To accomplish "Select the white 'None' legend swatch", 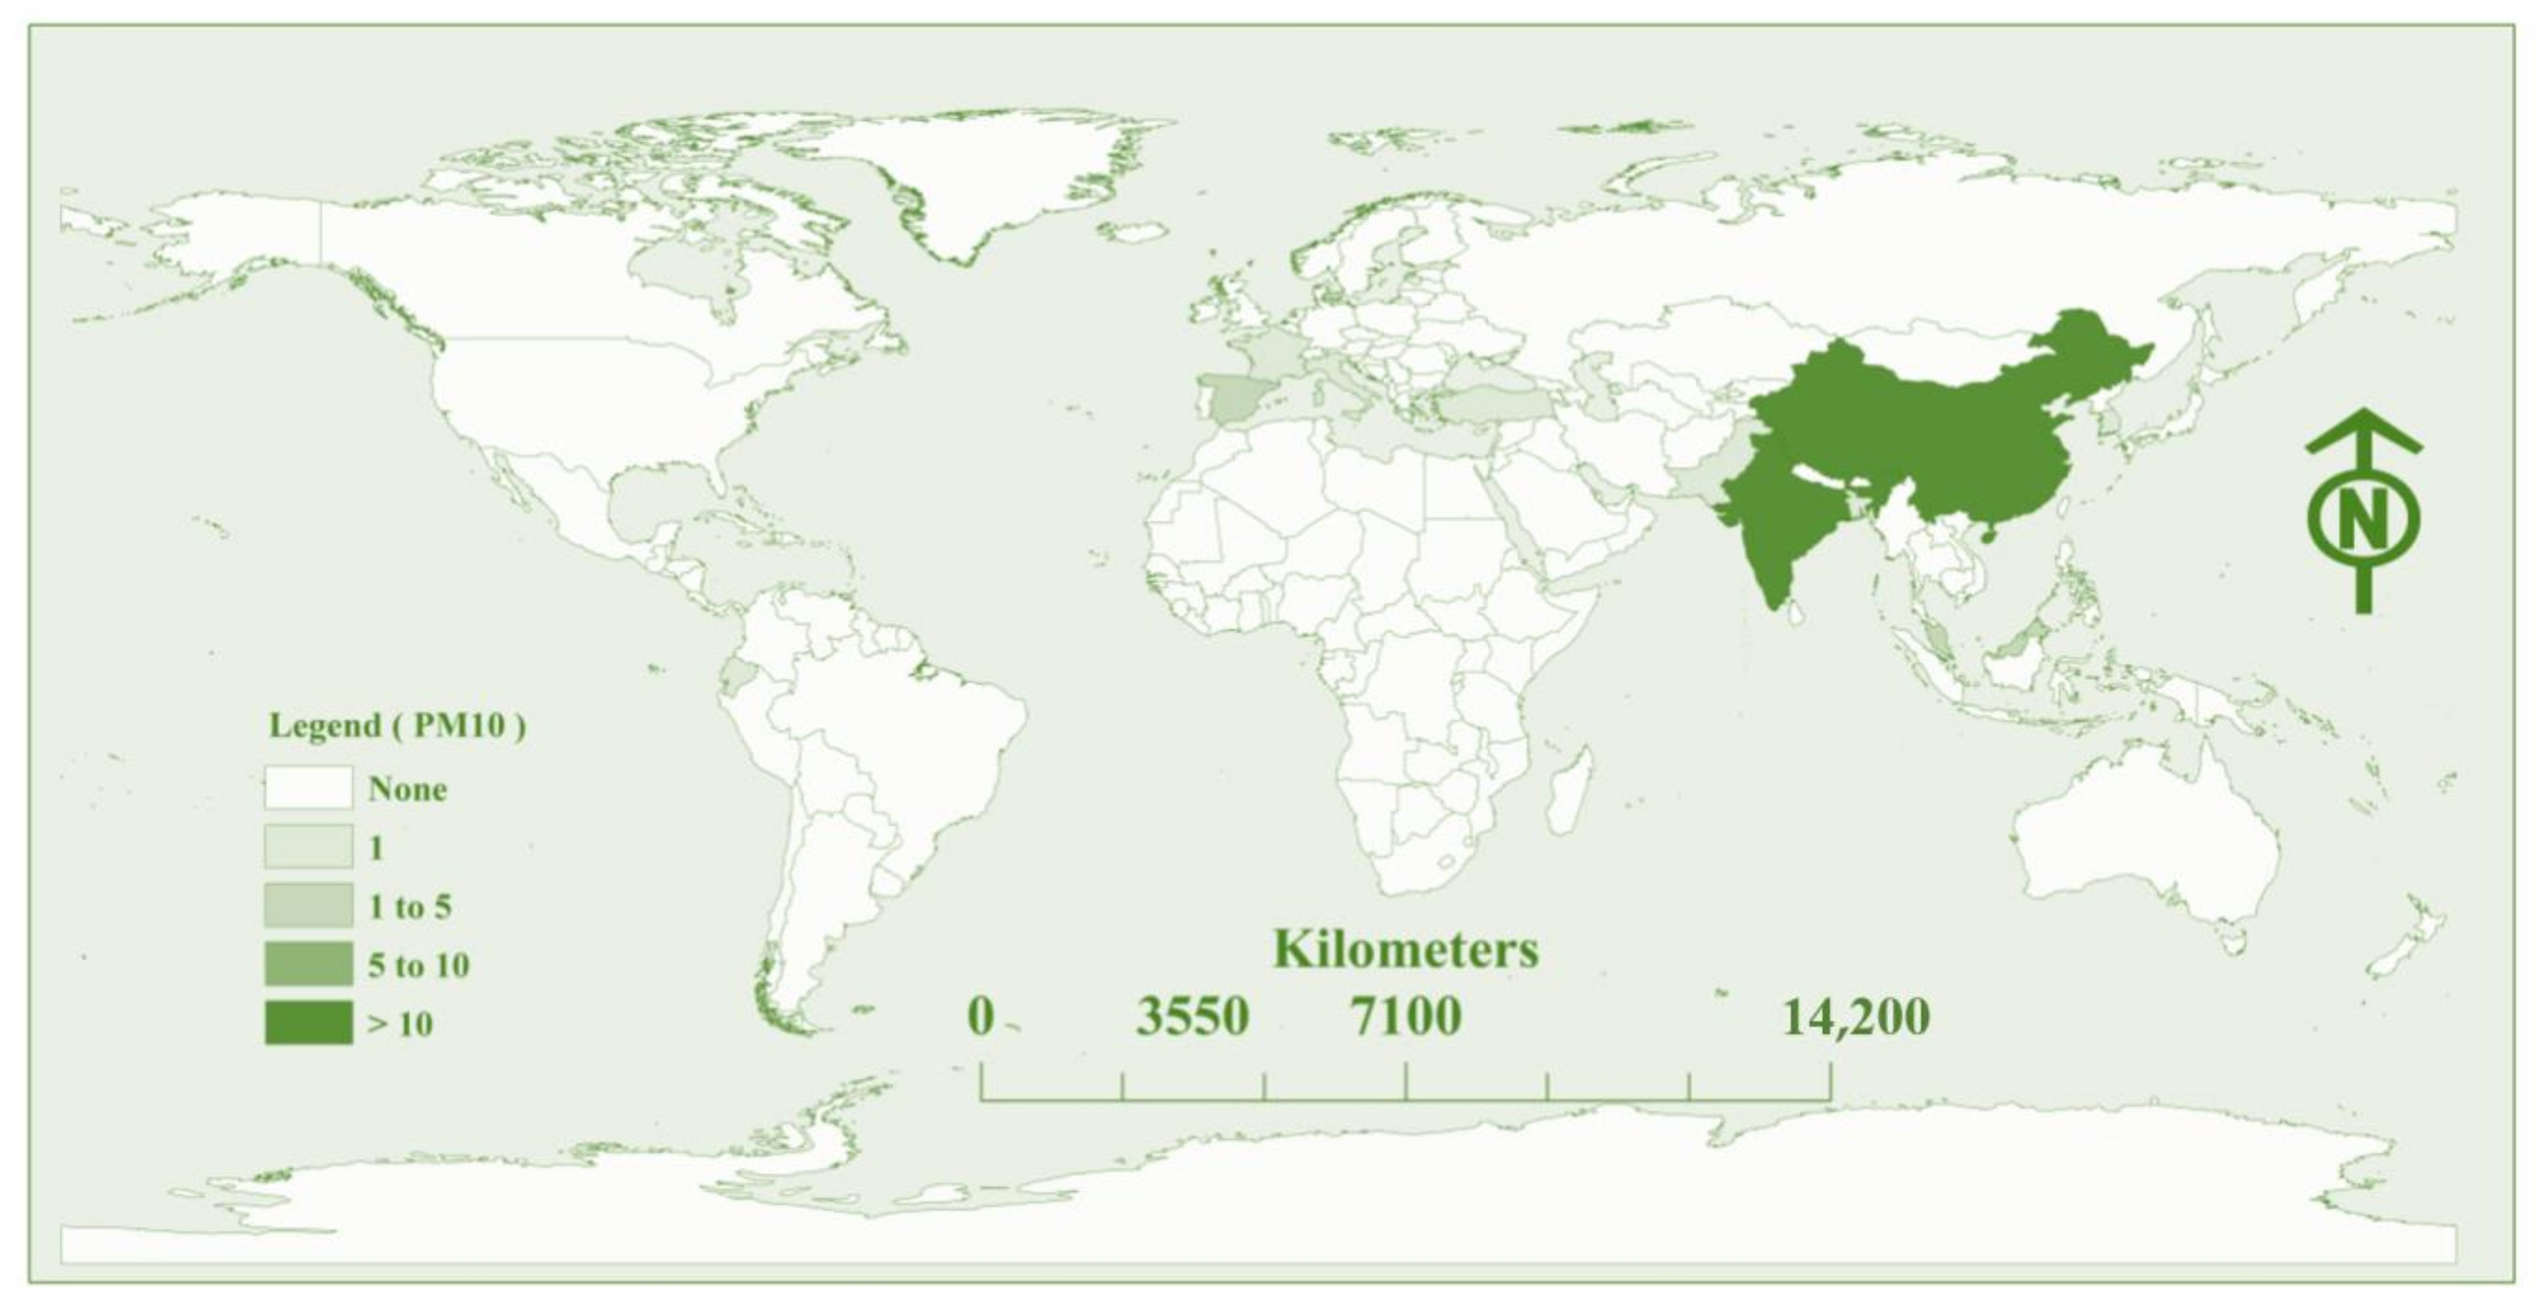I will (308, 787).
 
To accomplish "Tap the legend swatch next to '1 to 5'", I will (308, 905).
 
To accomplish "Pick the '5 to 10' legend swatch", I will (308, 964).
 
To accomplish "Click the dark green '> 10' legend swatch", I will (308, 1022).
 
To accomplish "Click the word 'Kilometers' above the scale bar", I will (1405, 949).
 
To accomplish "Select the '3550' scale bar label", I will (1192, 1017).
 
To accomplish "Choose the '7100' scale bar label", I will (1405, 1017).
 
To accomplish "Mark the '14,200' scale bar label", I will (1855, 1017).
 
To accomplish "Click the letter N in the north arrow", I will (2364, 519).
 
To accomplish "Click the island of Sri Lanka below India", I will (1797, 614).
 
